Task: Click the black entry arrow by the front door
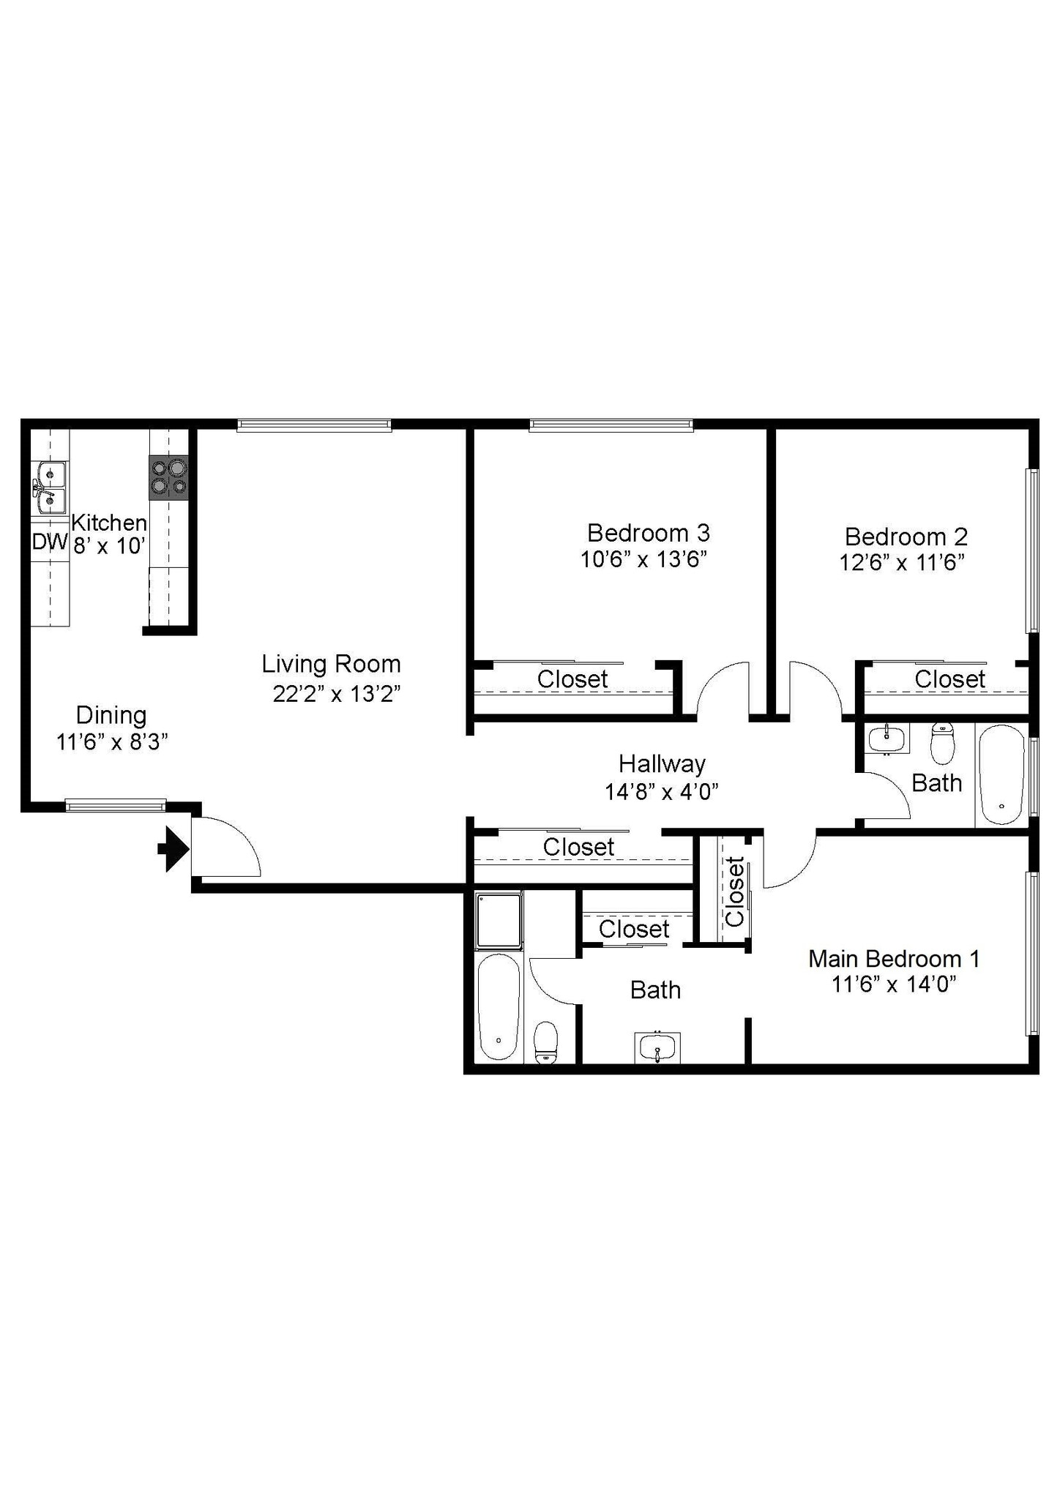click(173, 849)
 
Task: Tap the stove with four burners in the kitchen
click(169, 477)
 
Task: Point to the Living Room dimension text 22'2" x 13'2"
click(337, 693)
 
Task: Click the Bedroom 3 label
click(648, 532)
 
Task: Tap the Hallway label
click(662, 763)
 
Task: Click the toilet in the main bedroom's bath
click(546, 1042)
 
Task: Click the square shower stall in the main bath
click(499, 920)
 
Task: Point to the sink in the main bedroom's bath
click(657, 1047)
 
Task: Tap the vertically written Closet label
click(734, 891)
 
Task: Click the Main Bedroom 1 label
click(893, 958)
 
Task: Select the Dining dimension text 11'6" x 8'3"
click(112, 741)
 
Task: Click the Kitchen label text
click(109, 523)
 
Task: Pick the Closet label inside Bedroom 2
click(949, 679)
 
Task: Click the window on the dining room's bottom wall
click(116, 806)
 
